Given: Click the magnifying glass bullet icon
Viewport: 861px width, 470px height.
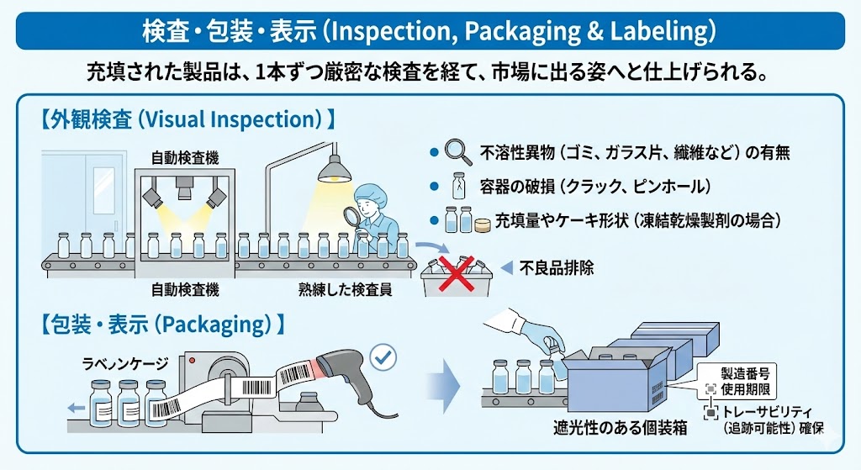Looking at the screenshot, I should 457,153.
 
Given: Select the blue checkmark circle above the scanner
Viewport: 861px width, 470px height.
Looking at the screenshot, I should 383,357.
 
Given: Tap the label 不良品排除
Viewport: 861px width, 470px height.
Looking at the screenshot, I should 557,269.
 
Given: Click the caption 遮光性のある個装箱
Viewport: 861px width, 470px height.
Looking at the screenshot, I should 621,428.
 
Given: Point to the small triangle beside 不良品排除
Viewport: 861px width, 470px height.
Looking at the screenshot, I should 506,268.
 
